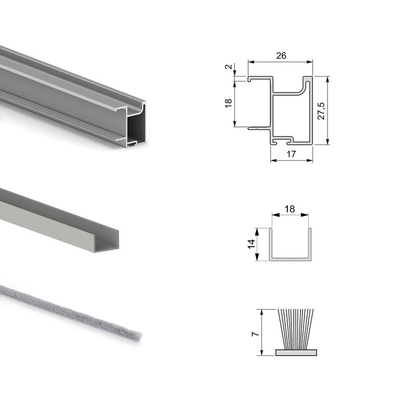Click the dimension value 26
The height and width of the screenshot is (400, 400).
point(281,55)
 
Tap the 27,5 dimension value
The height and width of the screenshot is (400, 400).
point(321,111)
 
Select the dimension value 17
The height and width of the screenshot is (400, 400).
point(291,154)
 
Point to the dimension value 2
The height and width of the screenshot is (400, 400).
point(229,67)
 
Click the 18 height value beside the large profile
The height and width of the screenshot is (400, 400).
point(229,103)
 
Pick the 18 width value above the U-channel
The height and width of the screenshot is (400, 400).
point(290,209)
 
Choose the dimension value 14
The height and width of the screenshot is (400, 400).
point(251,244)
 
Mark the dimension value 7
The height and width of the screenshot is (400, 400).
point(255,334)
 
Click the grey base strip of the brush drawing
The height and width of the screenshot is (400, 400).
point(296,353)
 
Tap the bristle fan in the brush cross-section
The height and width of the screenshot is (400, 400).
point(295,329)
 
